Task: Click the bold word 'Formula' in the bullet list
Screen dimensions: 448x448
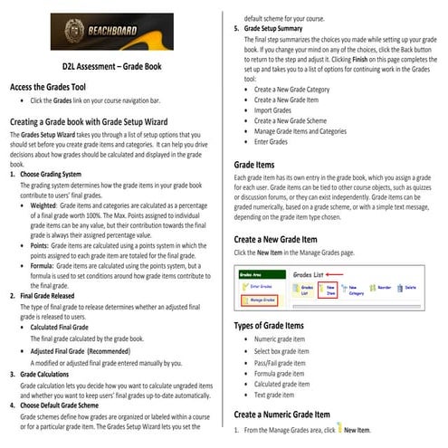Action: coord(46,266)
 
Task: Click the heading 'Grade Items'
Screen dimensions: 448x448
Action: coord(254,166)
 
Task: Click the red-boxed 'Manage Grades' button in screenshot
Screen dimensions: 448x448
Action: coord(259,299)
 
